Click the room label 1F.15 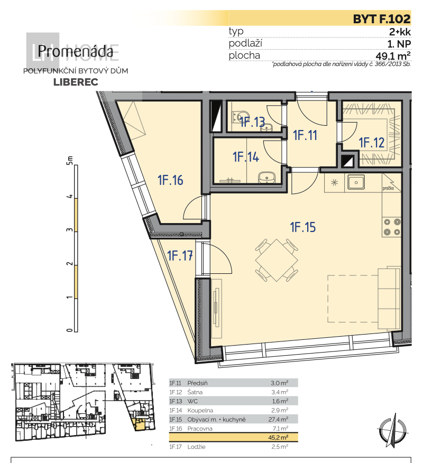pyautogui.click(x=302, y=228)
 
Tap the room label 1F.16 pyautogui.click(x=170, y=180)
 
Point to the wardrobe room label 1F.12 pyautogui.click(x=372, y=142)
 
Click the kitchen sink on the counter pyautogui.click(x=356, y=183)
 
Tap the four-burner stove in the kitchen pyautogui.click(x=391, y=227)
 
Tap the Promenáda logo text pyautogui.click(x=75, y=52)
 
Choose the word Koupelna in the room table pyautogui.click(x=199, y=410)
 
